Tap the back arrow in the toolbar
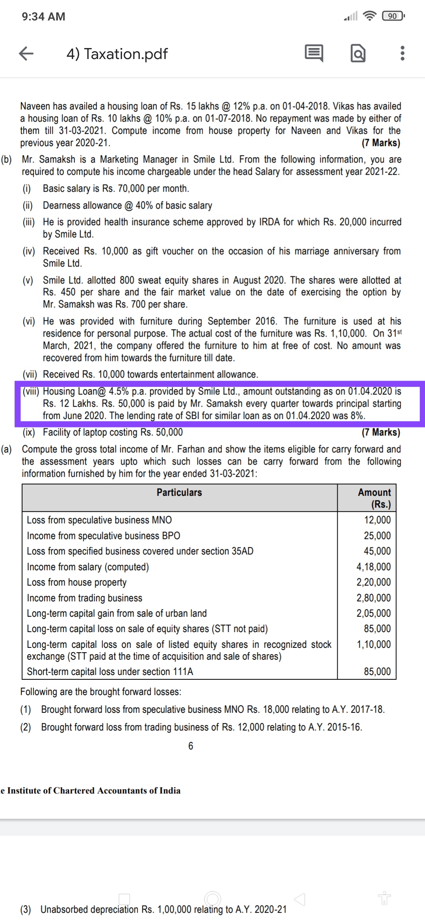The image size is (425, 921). click(x=26, y=54)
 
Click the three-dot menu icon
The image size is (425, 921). click(x=402, y=54)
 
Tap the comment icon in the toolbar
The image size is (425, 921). click(x=314, y=54)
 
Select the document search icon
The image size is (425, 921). click(x=358, y=54)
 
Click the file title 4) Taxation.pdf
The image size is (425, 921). click(x=117, y=54)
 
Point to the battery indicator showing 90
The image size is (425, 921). click(x=393, y=16)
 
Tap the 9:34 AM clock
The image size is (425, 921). click(x=44, y=17)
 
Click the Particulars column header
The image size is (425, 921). click(x=179, y=492)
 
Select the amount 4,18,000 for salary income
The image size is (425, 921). click(x=373, y=567)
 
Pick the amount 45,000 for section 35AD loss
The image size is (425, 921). click(x=377, y=551)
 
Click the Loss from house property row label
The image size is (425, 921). click(x=77, y=583)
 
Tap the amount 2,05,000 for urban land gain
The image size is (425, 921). click(x=373, y=613)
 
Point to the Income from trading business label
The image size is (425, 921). click(x=85, y=598)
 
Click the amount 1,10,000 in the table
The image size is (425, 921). click(x=373, y=644)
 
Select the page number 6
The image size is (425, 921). click(x=191, y=746)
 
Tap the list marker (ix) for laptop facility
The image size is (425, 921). click(x=28, y=433)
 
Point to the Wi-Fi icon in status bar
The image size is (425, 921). click(x=369, y=16)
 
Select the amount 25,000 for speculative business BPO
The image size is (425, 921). click(x=377, y=536)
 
